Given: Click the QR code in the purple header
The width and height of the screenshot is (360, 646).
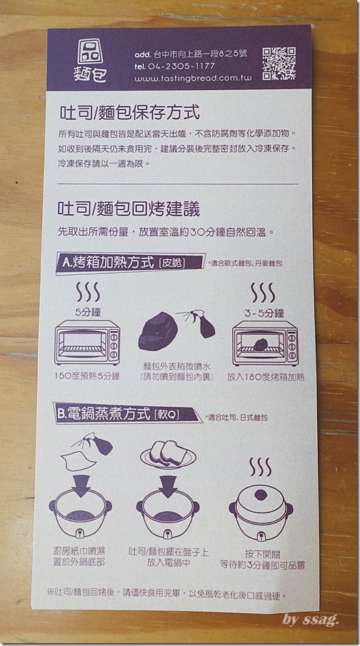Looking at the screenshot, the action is point(279,63).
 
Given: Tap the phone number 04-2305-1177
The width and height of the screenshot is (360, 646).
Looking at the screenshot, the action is point(180,66).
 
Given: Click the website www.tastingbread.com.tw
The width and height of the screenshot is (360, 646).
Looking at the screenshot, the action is point(193,78).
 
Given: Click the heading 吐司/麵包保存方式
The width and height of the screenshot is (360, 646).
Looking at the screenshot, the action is point(129,113).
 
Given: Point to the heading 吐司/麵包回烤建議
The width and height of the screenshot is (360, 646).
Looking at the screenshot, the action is point(129,209).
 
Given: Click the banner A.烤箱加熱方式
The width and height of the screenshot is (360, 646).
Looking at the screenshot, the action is point(131,263).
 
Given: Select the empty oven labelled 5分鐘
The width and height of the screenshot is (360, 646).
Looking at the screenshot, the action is point(87,343).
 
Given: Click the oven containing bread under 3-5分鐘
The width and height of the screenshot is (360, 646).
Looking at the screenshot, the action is point(265,343).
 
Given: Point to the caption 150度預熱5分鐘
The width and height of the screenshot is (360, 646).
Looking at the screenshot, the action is point(87,376).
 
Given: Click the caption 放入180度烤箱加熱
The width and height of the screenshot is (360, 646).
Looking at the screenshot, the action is point(266,377).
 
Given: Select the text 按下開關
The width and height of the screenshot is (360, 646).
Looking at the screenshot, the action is point(262,554).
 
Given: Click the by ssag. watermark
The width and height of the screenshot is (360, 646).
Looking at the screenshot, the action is point(311,620).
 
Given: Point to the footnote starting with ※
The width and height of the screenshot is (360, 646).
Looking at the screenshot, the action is point(166,595).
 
